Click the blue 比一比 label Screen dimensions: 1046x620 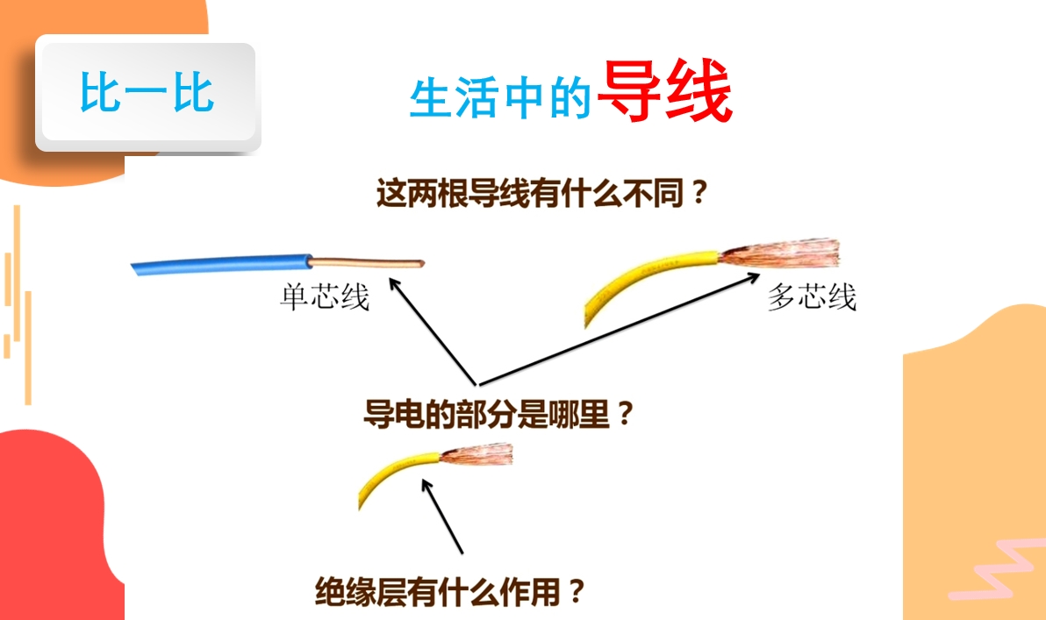pyautogui.click(x=147, y=92)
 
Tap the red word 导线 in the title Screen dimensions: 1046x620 pyautogui.click(x=665, y=90)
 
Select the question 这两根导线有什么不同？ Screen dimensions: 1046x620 pyautogui.click(x=541, y=193)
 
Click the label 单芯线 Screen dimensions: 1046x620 pyautogui.click(x=325, y=296)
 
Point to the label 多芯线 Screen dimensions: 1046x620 pyautogui.click(x=812, y=296)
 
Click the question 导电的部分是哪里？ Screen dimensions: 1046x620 pyautogui.click(x=498, y=414)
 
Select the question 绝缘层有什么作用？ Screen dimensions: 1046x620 pyautogui.click(x=449, y=591)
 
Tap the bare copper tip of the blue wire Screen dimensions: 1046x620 pyautogui.click(x=368, y=263)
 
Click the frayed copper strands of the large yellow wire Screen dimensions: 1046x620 pyautogui.click(x=780, y=253)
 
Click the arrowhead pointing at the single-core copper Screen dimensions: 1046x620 pyautogui.click(x=395, y=285)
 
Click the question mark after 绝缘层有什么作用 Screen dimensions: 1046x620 pyautogui.click(x=577, y=591)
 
